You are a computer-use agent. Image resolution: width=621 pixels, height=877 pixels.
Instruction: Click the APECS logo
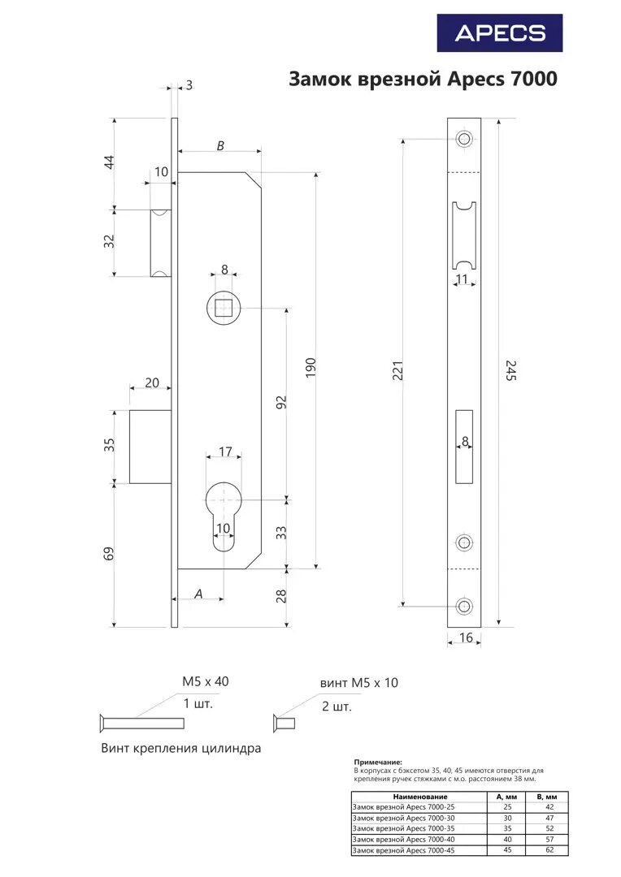click(x=500, y=33)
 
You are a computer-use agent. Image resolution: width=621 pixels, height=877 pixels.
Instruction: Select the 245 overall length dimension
click(x=510, y=371)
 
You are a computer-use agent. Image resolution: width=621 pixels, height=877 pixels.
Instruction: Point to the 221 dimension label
click(x=397, y=371)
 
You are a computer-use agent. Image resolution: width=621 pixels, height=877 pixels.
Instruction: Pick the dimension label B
click(x=220, y=145)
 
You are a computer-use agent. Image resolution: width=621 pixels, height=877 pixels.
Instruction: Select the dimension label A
click(x=198, y=594)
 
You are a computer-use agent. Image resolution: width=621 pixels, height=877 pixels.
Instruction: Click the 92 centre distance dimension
click(x=281, y=403)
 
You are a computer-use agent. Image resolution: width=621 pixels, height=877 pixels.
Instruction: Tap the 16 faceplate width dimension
click(x=466, y=638)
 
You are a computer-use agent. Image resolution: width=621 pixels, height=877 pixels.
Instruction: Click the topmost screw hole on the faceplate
click(x=464, y=139)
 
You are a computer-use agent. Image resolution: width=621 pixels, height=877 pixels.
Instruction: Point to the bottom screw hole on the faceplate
click(x=464, y=606)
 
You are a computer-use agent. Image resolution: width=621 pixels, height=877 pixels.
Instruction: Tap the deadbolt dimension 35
click(x=110, y=445)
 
